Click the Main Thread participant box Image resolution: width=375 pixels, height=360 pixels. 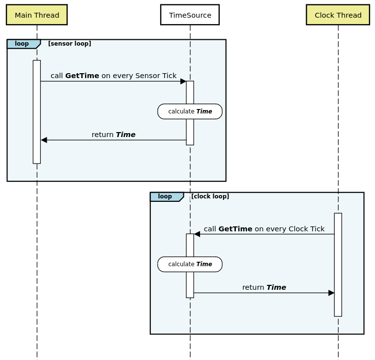[37, 15]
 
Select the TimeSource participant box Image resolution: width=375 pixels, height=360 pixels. [190, 15]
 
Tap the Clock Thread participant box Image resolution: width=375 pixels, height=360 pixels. [338, 15]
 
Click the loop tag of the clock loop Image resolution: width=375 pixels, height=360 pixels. [166, 196]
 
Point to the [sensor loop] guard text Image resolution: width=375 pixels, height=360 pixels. [69, 44]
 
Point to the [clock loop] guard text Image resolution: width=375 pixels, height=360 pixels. [210, 196]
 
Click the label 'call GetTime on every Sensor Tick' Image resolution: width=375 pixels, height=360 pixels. [113, 76]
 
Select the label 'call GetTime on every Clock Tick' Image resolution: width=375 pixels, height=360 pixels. [264, 229]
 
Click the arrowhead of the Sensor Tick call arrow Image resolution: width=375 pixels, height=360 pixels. [183, 82]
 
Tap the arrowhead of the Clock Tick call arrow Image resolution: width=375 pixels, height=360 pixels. [197, 234]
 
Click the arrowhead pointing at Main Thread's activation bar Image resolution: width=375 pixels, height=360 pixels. [44, 140]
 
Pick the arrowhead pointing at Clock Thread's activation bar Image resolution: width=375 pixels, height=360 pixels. [331, 293]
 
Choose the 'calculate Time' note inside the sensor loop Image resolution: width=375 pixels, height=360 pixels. [190, 111]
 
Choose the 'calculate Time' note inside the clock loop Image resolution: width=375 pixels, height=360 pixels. [190, 264]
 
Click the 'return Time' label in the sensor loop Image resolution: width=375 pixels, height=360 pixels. [113, 135]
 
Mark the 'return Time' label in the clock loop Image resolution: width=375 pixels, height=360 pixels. [264, 287]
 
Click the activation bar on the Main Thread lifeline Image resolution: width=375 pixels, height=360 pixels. [37, 112]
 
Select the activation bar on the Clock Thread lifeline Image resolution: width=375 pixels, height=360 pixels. [338, 265]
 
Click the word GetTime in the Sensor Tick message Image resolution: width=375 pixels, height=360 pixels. [82, 76]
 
